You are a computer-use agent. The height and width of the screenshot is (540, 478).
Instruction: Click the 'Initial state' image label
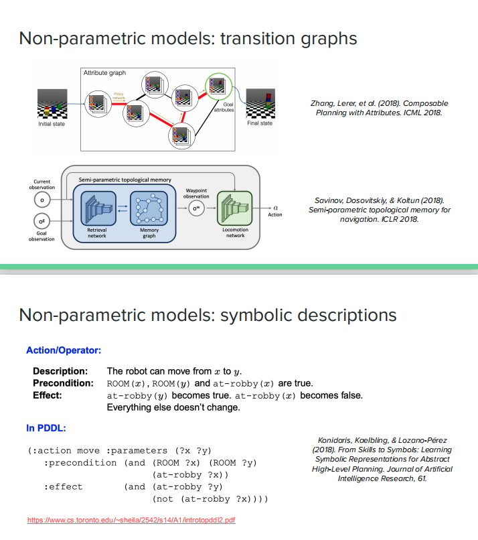tap(52, 124)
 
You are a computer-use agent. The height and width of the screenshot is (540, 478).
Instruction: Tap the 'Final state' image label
tap(260, 123)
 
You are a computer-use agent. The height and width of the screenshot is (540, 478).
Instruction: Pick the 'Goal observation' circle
tap(42, 220)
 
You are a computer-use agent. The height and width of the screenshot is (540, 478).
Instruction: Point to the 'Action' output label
tap(275, 215)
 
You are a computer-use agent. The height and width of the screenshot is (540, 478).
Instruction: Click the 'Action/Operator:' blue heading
tap(64, 350)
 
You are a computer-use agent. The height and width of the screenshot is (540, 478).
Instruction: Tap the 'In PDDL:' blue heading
tap(46, 427)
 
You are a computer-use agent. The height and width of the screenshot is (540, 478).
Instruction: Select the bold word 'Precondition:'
tap(63, 383)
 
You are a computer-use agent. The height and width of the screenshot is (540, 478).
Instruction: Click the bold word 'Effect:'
tap(48, 395)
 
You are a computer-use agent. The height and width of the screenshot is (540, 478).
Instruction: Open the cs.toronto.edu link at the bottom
tap(131, 519)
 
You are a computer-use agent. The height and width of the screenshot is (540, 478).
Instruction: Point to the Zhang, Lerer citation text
tap(380, 108)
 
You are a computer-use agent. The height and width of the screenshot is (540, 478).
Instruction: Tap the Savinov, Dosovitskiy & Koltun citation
tap(380, 210)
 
